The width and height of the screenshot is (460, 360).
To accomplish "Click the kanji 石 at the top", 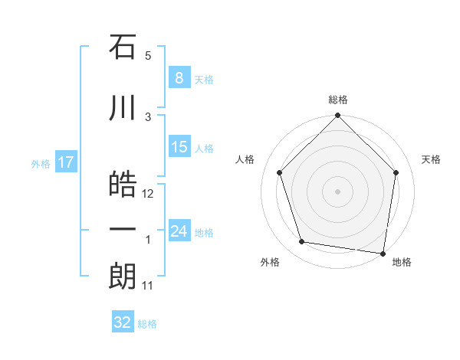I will [123, 47].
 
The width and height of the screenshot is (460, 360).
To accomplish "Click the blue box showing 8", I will [179, 78].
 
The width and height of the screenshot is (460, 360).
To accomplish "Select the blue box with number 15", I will [179, 147].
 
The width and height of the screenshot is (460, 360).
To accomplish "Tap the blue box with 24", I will [179, 231].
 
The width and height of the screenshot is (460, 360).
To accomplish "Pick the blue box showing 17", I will [65, 162].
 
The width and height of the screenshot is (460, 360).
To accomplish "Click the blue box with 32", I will [123, 322].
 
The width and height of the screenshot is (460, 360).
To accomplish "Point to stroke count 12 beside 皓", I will [149, 193].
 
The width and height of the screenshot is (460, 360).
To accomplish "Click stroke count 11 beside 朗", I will [148, 286].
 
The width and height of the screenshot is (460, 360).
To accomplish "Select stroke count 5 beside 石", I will [148, 56].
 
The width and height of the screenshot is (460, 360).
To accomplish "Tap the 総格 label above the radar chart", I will [337, 100].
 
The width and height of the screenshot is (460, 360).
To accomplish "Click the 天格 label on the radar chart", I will [431, 159].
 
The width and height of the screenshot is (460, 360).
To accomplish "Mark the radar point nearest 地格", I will [383, 253].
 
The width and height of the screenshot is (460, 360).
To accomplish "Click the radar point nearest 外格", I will [302, 242].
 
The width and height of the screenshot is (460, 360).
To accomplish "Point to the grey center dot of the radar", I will [337, 191].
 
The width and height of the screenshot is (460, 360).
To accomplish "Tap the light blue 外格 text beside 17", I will [40, 163].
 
